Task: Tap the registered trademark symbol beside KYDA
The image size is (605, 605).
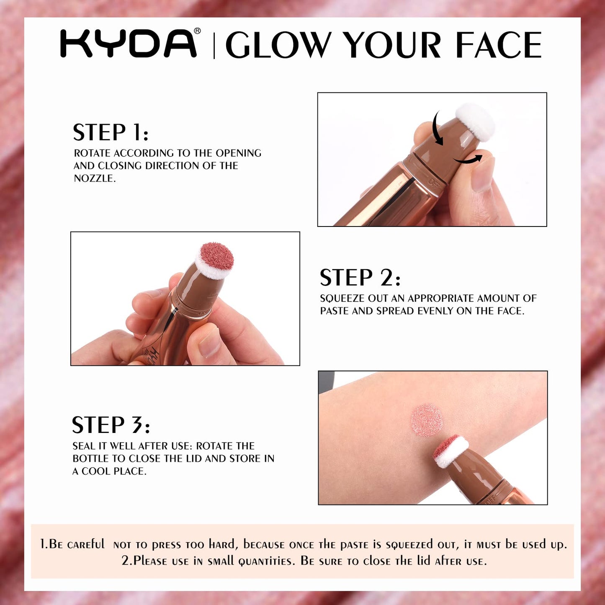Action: point(197,31)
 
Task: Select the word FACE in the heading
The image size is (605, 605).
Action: point(499,44)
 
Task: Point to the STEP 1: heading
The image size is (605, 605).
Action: point(111,132)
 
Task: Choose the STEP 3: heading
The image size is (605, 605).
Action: point(111,425)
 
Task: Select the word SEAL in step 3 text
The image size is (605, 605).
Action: point(83,446)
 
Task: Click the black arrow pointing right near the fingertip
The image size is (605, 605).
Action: point(467,160)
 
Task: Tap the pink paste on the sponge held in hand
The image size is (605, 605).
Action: point(217,257)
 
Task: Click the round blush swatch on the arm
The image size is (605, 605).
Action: point(427,420)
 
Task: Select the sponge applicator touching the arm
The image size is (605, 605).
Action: point(451,451)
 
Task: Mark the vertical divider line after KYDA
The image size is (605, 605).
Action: point(214,46)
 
